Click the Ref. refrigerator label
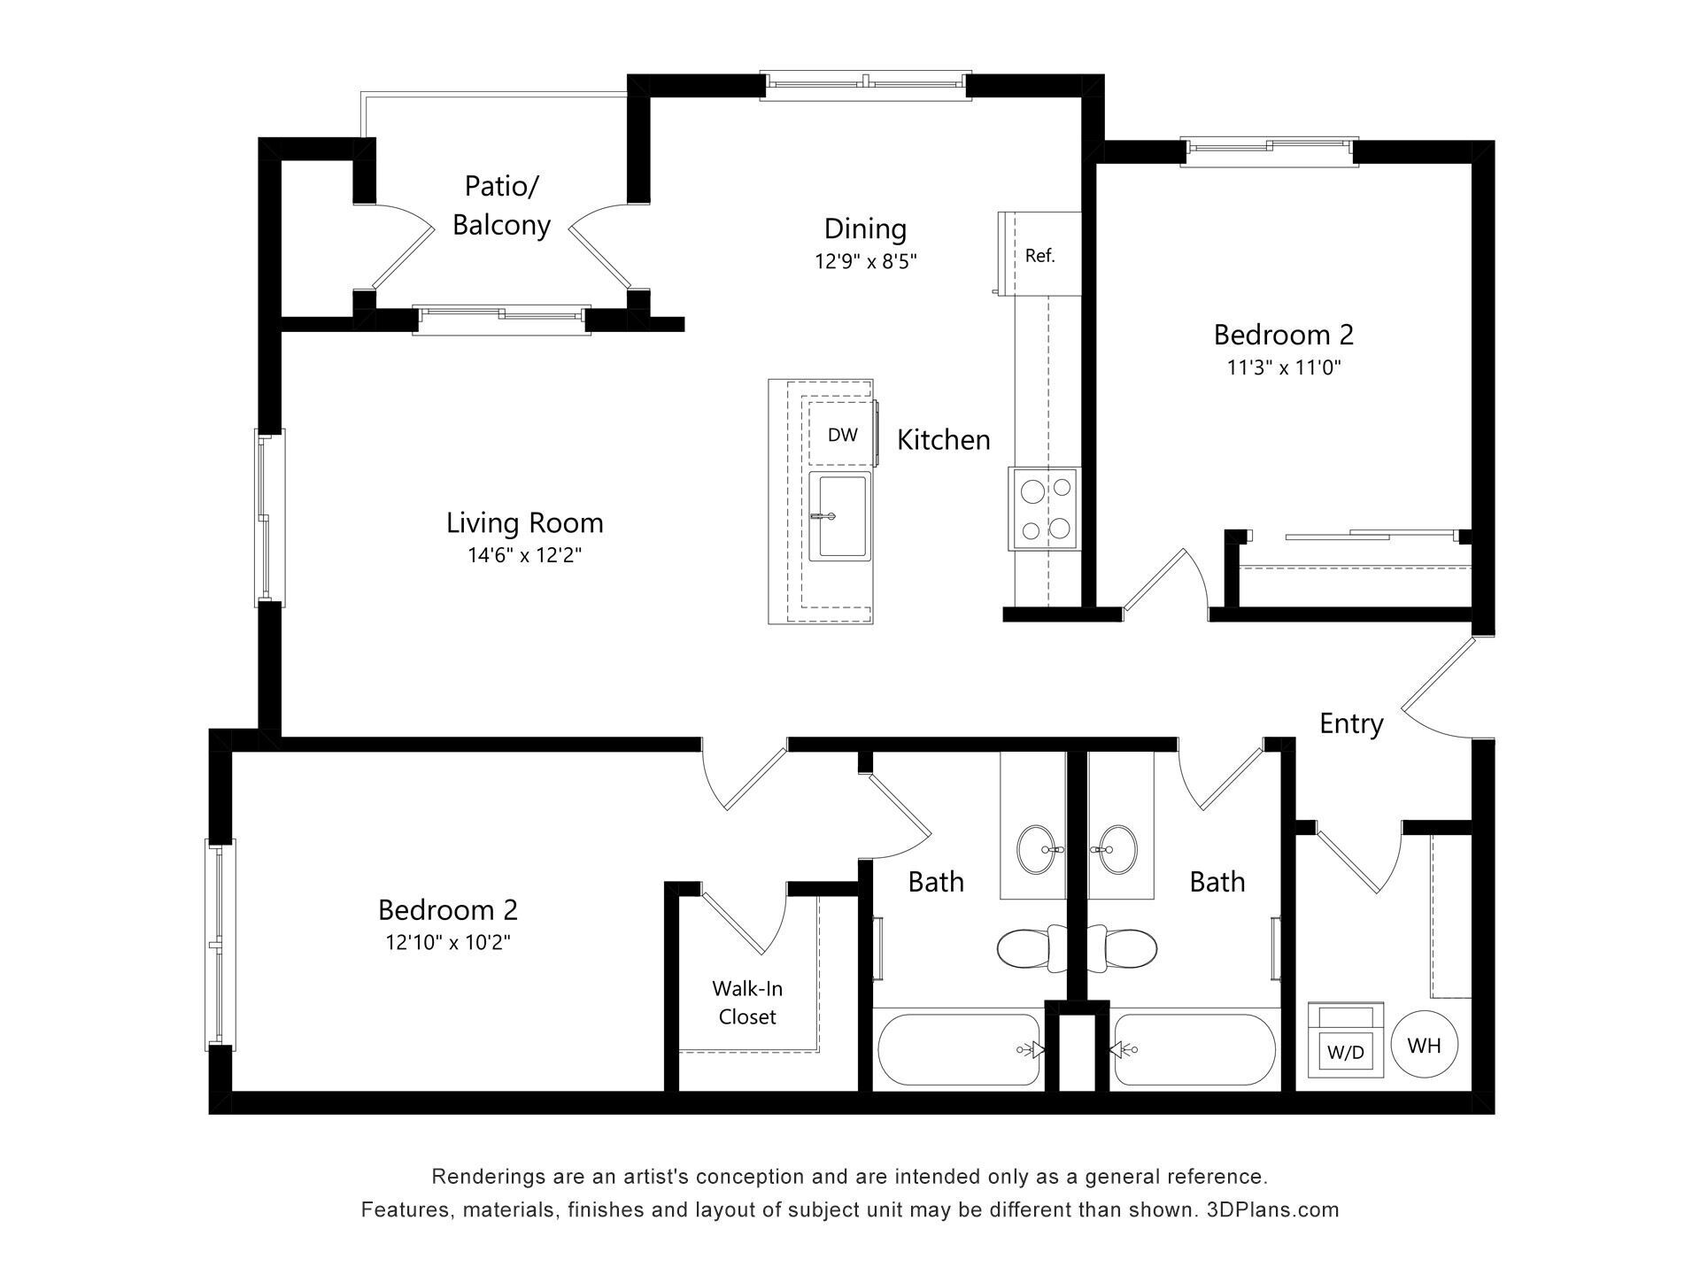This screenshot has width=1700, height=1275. [1039, 256]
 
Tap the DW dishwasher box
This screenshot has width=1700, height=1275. [841, 434]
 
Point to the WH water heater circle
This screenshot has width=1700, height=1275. [1424, 1046]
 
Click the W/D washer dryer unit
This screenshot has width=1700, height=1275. [1346, 1041]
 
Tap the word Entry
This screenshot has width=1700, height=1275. [1351, 723]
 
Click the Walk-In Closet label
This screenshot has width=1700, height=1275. [747, 1002]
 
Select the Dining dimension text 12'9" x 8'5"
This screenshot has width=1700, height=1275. [865, 261]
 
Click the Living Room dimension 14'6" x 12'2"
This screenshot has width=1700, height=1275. [524, 555]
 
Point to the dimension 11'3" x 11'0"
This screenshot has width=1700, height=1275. [1283, 367]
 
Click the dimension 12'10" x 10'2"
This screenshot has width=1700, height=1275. [448, 942]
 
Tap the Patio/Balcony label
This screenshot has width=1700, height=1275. [501, 205]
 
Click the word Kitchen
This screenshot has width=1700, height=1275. [943, 439]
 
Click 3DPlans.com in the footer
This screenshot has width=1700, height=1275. [1272, 1209]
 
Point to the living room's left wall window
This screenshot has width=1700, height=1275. [269, 516]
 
